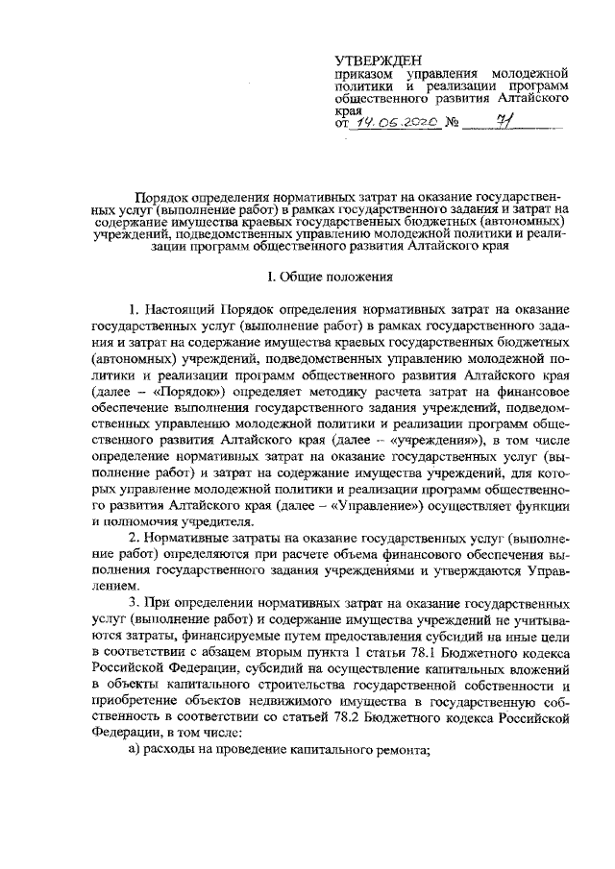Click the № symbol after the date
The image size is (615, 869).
[x=453, y=125]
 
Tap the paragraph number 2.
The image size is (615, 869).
[x=135, y=540]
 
